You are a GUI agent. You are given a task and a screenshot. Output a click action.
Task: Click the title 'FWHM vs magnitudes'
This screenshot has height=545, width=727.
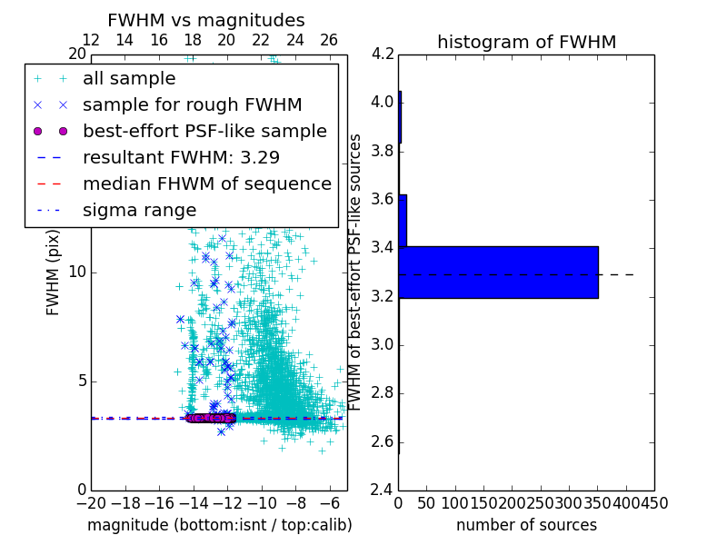[206, 20]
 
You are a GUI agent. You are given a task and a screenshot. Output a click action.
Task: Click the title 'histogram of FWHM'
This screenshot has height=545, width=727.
[526, 42]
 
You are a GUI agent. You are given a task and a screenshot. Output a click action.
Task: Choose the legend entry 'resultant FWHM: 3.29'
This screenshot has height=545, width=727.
[181, 157]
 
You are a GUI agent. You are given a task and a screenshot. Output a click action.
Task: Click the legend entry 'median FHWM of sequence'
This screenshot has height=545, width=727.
[206, 183]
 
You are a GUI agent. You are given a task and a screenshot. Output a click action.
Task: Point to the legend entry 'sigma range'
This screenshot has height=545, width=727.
[139, 210]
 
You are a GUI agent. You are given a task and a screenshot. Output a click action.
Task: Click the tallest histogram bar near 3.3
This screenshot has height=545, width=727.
[498, 272]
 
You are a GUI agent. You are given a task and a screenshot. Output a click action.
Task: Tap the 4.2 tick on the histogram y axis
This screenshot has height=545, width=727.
[383, 54]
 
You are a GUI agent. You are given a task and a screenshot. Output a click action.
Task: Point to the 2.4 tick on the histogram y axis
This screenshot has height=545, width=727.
[383, 490]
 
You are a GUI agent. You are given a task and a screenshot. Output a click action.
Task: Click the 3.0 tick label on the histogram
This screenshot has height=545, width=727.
[383, 344]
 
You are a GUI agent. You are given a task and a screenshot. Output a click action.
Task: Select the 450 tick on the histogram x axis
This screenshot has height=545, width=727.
[653, 502]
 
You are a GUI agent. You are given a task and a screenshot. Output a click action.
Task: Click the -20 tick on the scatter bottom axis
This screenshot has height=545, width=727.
[91, 502]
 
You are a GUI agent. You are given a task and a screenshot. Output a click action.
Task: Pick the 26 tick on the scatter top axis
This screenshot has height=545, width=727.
[329, 40]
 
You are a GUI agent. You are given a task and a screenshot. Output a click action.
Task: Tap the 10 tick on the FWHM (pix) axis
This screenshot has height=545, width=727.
[76, 272]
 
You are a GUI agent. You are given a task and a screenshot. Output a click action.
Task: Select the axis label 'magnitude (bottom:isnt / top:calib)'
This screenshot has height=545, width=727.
[219, 525]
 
